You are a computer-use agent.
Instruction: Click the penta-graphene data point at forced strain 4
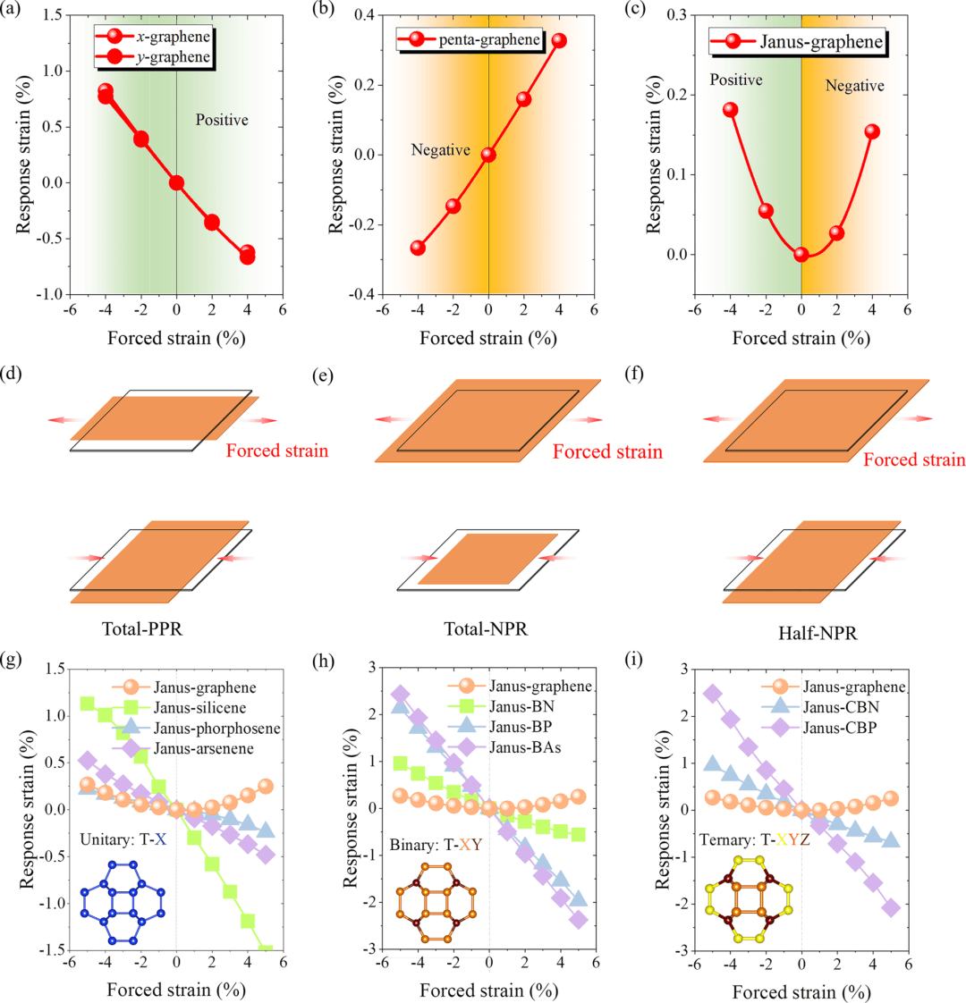tap(559, 41)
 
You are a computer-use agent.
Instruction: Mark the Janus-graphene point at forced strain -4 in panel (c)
tap(730, 110)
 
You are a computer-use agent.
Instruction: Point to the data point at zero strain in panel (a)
tap(176, 182)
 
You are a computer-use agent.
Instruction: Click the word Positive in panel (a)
tap(222, 120)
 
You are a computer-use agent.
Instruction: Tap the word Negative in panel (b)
tap(440, 150)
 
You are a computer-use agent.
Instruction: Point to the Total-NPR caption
tap(486, 629)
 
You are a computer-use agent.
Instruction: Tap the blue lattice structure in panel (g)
tap(123, 902)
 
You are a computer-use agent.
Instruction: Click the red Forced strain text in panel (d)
tap(276, 451)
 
